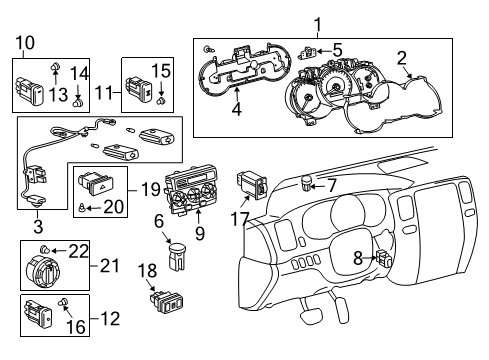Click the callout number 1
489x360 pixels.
coord(318,24)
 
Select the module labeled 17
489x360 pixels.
coord(251,185)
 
